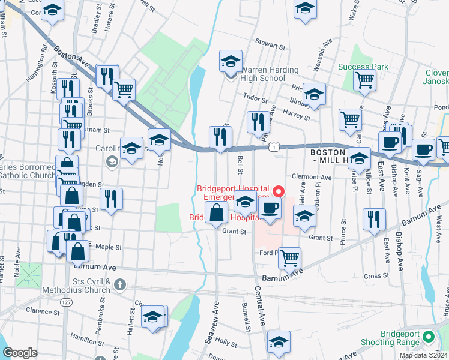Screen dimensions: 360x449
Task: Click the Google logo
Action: (x=20, y=353)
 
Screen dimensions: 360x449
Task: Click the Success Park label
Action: (x=363, y=67)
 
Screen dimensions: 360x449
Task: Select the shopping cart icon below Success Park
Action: (x=364, y=80)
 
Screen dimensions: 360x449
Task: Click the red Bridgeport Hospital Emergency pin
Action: (x=279, y=192)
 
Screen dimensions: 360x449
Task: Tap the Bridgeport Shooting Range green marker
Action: (x=428, y=337)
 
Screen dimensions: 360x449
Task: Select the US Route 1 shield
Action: (x=274, y=146)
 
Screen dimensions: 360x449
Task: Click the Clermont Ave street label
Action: (x=311, y=178)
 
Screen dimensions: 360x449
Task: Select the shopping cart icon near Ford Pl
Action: (x=289, y=259)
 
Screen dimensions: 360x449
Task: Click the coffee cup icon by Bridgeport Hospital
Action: (x=270, y=209)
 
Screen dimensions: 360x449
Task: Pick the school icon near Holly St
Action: (x=279, y=341)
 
